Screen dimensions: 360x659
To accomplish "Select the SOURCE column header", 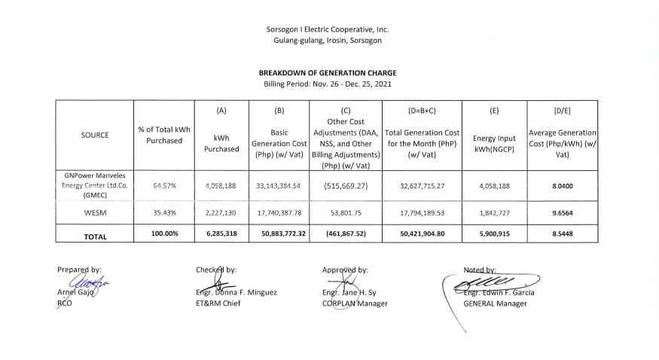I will pyautogui.click(x=95, y=136).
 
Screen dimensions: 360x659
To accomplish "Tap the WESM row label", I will pyautogui.click(x=95, y=213).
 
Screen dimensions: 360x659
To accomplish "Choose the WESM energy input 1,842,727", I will pyautogui.click(x=493, y=213).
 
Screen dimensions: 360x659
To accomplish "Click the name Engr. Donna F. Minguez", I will pyautogui.click(x=234, y=293).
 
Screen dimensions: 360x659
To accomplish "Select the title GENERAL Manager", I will pyautogui.click(x=495, y=304).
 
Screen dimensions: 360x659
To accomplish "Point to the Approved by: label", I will pyautogui.click(x=344, y=269).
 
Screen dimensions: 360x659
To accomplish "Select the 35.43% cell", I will pyautogui.click(x=164, y=213).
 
